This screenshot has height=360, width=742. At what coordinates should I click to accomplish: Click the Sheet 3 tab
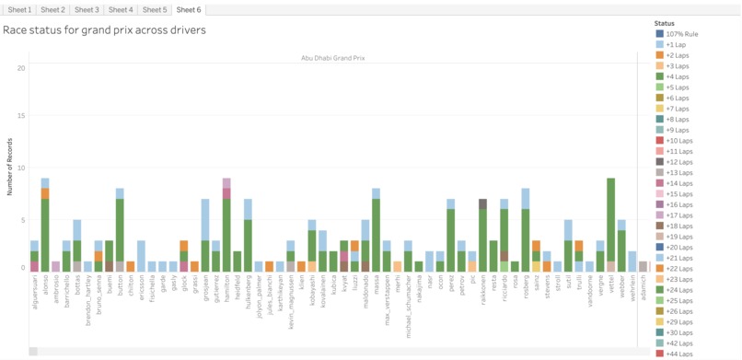click(x=87, y=9)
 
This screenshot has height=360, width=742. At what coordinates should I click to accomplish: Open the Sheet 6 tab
click(x=188, y=9)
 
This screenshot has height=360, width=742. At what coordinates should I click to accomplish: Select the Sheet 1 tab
click(x=19, y=9)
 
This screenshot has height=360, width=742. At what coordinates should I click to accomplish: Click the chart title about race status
click(x=104, y=30)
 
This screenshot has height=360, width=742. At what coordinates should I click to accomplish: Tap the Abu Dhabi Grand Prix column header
click(x=332, y=58)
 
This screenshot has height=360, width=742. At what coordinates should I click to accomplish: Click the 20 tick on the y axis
click(x=21, y=68)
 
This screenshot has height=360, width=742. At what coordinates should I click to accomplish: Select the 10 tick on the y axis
click(x=21, y=168)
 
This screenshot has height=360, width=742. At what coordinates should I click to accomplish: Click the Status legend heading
click(x=665, y=23)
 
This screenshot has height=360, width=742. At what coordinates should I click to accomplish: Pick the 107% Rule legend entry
click(x=681, y=34)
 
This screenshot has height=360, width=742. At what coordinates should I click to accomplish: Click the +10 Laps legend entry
click(x=678, y=141)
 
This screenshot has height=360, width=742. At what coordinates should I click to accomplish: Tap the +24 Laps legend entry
click(x=678, y=290)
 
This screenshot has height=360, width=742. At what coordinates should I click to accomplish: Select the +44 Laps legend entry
click(x=678, y=354)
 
